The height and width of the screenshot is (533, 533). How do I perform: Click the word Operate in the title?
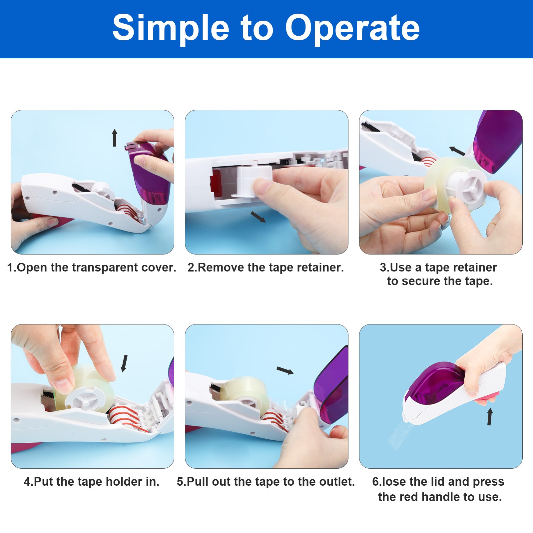tap(352, 28)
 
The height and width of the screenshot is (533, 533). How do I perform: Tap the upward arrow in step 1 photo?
tap(115, 138)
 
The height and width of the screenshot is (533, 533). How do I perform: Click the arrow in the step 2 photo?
tap(258, 217)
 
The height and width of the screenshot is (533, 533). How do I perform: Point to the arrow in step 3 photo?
tap(457, 151)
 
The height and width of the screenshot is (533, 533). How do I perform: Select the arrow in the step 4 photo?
tap(124, 363)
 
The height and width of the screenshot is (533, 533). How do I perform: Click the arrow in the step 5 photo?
tap(285, 370)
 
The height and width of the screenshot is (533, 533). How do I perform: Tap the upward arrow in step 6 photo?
tap(490, 417)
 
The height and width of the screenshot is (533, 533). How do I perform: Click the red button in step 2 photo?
tap(215, 182)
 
